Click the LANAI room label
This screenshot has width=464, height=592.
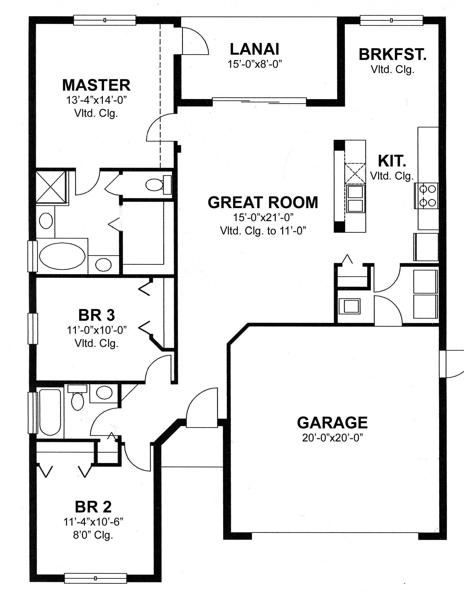[254, 49]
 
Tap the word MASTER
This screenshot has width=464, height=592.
[96, 85]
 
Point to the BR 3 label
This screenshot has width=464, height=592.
[96, 315]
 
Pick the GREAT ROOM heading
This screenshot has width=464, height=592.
[263, 202]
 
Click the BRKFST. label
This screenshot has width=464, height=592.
[392, 54]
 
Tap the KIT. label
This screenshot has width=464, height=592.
[392, 161]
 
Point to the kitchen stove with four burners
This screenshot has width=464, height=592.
[426, 195]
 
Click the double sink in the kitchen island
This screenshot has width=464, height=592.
[355, 199]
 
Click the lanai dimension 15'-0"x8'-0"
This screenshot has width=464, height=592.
[254, 64]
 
